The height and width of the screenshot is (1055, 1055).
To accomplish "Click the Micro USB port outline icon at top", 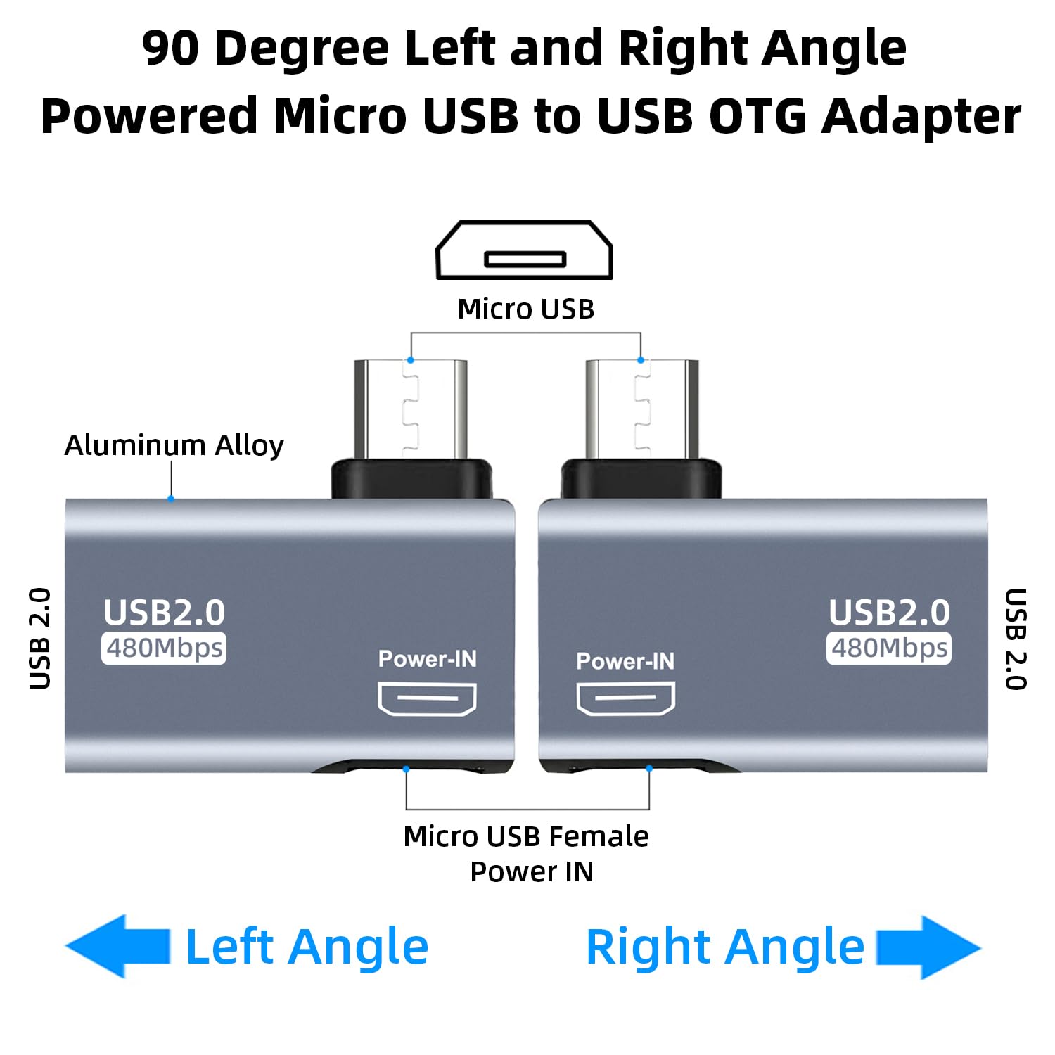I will tap(525, 250).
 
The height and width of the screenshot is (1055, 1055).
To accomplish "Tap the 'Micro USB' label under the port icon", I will tap(526, 309).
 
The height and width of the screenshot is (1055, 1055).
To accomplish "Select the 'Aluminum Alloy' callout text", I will tap(174, 445).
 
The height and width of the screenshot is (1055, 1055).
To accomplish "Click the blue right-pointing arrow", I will tap(928, 947).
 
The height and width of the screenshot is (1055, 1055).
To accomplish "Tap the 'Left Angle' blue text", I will tap(307, 947).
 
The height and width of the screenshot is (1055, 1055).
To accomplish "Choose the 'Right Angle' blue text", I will tap(725, 947).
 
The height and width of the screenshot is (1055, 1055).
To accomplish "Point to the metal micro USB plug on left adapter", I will tap(411, 409).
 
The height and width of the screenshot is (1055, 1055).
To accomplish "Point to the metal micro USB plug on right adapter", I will tap(641, 409).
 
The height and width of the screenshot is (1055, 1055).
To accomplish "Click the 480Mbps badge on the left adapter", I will tap(164, 648).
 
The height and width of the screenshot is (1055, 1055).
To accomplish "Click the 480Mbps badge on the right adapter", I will tap(889, 648).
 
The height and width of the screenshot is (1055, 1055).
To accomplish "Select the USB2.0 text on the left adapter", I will tap(164, 613).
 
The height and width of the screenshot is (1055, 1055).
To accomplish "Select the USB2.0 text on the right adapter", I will tap(889, 613).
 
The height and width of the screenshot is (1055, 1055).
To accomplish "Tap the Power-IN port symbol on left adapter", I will tap(427, 699).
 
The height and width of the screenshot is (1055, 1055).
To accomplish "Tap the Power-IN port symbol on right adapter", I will tap(625, 699).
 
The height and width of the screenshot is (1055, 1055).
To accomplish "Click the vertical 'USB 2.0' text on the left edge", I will tap(40, 639).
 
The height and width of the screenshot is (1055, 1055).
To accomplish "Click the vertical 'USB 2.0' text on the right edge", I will tap(1015, 639).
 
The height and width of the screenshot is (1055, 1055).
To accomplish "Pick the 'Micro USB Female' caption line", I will tap(526, 837).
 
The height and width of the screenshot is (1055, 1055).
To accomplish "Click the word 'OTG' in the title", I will tap(756, 116).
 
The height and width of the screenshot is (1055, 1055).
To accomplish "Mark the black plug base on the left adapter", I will tap(411, 480).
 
